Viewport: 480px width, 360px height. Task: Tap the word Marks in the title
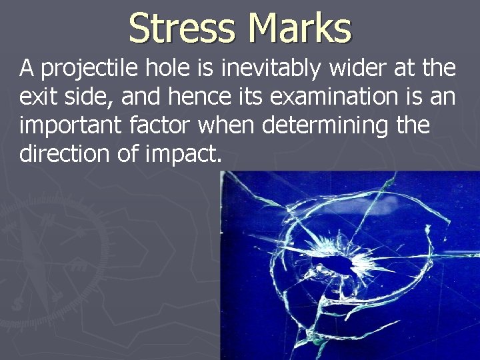pyautogui.click(x=299, y=28)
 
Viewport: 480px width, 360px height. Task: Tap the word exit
pyautogui.click(x=38, y=98)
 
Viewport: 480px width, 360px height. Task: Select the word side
pyautogui.click(x=85, y=98)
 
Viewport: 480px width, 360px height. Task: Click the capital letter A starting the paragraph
pyautogui.click(x=27, y=68)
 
